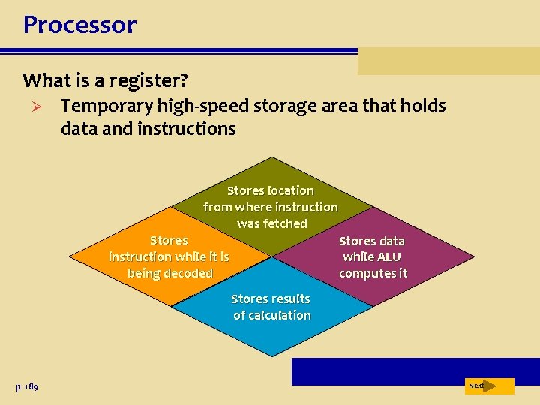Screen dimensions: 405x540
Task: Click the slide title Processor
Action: point(79,25)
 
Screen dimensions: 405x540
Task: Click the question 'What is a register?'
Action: point(104,79)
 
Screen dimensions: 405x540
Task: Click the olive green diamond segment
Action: point(272,180)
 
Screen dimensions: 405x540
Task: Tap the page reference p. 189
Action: point(27,386)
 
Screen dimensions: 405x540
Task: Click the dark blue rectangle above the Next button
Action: point(415,371)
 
